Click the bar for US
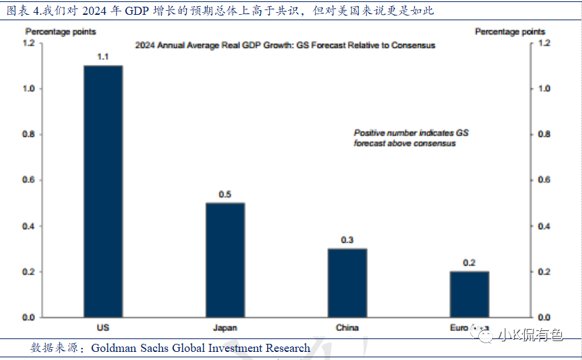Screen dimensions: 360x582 click(x=103, y=191)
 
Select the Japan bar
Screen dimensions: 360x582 click(x=225, y=260)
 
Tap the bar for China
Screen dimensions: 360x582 click(x=347, y=282)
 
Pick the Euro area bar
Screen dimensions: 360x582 click(x=469, y=294)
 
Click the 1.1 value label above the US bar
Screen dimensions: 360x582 click(x=103, y=57)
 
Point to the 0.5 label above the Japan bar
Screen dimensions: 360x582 click(x=225, y=194)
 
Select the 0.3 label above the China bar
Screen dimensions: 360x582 click(x=347, y=239)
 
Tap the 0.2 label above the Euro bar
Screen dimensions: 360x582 click(x=469, y=262)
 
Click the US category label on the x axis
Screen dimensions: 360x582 click(x=103, y=328)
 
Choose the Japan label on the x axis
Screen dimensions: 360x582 click(x=225, y=328)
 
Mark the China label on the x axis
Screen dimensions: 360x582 click(x=347, y=328)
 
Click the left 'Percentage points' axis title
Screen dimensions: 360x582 click(x=61, y=32)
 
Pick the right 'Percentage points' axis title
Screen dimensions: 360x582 click(x=510, y=32)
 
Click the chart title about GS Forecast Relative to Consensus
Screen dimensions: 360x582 click(x=285, y=45)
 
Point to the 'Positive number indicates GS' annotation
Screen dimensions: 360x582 click(x=411, y=133)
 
